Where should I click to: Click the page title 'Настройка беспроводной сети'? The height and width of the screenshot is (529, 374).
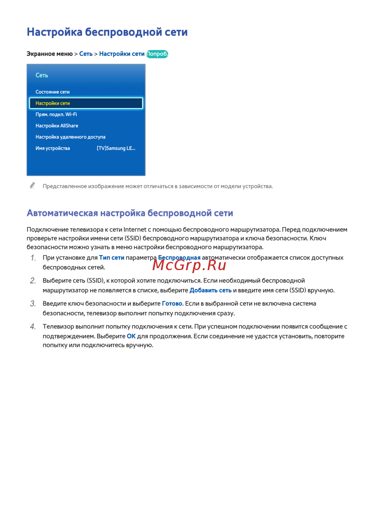pos(107,32)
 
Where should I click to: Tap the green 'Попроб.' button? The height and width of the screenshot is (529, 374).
pos(157,54)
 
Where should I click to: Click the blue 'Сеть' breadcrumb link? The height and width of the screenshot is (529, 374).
pos(86,54)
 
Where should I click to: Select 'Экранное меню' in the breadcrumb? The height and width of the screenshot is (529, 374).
pos(49,54)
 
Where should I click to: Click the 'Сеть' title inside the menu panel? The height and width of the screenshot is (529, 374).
pos(42,75)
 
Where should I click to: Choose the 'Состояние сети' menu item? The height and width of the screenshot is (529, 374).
pos(52,92)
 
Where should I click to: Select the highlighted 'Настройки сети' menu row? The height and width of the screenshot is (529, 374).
pos(86,103)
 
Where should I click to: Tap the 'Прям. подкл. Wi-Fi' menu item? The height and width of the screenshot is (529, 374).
pos(56,114)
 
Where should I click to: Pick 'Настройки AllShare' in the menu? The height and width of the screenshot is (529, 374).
pos(57,126)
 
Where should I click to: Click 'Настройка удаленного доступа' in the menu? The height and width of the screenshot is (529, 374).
pos(70,137)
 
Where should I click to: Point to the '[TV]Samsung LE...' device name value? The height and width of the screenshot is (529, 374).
pos(116,148)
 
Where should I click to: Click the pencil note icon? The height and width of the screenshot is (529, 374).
pos(33,186)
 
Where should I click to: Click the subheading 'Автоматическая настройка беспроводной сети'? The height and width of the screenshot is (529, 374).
pos(130,213)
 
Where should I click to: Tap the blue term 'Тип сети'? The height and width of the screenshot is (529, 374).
pos(111,258)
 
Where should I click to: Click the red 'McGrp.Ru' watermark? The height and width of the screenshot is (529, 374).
pos(189,265)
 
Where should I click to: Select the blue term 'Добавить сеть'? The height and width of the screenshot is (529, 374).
pos(210,290)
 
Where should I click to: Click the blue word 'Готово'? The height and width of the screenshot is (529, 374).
pos(172,304)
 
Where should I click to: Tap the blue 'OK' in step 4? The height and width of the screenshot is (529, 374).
pos(131,336)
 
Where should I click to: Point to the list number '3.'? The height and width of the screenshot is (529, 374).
pos(33,304)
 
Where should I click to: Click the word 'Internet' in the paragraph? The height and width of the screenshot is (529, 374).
pos(135,230)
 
